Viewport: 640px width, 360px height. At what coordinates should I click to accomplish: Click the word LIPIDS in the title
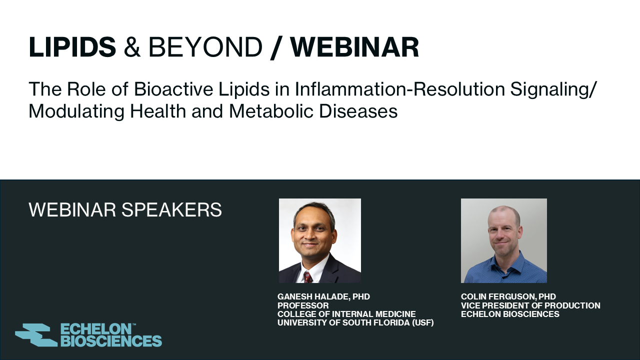click(x=72, y=46)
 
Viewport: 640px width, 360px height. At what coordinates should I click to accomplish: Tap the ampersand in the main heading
click(x=132, y=47)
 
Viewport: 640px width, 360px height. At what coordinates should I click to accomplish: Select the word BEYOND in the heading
click(x=205, y=47)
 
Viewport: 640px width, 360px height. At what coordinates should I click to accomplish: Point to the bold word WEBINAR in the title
click(x=354, y=47)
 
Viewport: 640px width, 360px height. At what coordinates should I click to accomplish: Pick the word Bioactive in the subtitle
click(x=173, y=89)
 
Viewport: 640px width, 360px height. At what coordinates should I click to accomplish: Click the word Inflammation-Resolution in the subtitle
click(x=399, y=89)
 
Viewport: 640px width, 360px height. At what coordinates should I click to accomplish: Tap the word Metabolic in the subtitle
click(x=271, y=111)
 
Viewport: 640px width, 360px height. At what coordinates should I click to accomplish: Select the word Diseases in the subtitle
click(x=358, y=111)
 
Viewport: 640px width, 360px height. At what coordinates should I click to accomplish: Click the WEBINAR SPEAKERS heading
click(x=125, y=209)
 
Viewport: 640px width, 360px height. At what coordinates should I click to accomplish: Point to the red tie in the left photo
click(x=308, y=277)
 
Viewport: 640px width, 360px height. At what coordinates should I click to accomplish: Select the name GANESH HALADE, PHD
click(x=323, y=296)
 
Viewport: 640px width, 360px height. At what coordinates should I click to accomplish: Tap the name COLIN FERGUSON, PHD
click(x=508, y=296)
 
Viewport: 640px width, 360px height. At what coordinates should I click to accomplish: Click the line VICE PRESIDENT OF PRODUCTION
click(x=530, y=305)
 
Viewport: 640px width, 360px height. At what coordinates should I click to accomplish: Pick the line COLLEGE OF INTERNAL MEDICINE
click(x=346, y=314)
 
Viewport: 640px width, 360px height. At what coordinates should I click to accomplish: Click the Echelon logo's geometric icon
click(x=36, y=335)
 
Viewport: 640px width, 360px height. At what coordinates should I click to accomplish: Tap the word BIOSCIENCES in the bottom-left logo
click(x=111, y=341)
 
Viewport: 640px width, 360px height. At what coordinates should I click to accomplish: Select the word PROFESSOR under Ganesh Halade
click(x=303, y=305)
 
